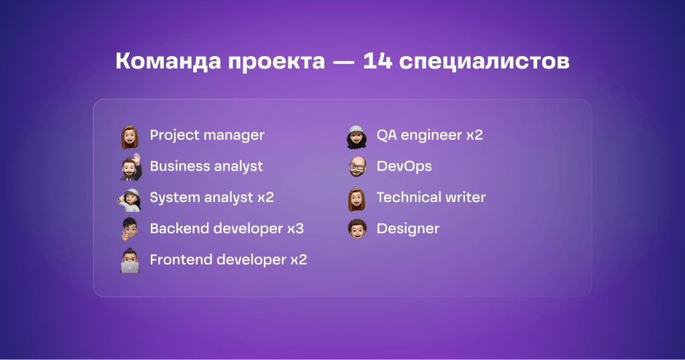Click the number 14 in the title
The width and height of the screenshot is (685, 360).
377,60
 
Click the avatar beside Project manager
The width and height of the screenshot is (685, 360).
130,137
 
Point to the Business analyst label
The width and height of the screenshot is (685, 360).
206,166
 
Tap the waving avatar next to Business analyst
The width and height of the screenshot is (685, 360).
131,167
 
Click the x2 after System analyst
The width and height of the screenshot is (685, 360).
265,197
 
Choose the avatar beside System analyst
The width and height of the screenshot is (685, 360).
130,200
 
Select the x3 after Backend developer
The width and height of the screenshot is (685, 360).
295,229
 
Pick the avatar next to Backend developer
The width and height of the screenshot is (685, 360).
130,229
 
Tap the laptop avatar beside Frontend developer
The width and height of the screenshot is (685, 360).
130,261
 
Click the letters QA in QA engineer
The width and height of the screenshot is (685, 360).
386,135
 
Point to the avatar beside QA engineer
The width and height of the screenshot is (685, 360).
356,137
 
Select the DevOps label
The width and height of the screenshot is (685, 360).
404,166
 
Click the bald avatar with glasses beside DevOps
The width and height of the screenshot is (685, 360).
357,167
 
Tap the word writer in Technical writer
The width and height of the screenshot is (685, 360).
465,197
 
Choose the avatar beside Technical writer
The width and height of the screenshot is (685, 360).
356,200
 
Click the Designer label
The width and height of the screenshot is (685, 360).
408,229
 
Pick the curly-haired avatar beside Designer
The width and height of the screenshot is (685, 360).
357,229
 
